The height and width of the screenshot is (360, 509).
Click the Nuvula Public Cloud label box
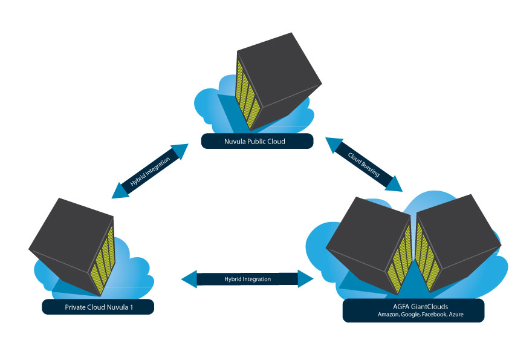coord(258,141)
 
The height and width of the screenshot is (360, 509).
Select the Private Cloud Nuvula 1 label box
coord(98,307)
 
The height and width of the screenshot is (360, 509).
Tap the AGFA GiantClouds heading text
coord(413,306)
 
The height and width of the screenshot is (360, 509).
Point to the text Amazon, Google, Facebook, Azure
coord(413,315)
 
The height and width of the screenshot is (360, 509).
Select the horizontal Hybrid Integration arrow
coord(248,279)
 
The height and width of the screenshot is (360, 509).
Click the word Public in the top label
coord(261,142)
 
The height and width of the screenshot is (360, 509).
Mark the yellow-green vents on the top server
coord(247,91)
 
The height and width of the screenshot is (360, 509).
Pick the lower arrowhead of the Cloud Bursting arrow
coord(394,183)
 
